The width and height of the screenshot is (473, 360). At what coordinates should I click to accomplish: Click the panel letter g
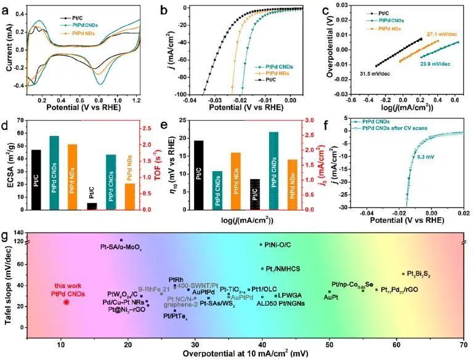pos(6,236)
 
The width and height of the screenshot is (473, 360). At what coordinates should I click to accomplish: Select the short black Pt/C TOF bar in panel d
pos(92,206)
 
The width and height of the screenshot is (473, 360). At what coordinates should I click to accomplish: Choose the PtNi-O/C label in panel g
pos(277,244)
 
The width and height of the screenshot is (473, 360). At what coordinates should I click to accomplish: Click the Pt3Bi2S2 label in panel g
pos(416,274)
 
